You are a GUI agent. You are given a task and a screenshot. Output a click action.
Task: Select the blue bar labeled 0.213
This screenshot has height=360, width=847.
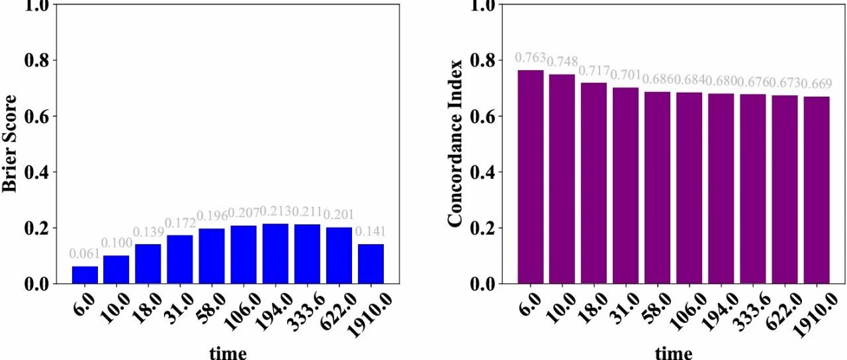pos(275,253)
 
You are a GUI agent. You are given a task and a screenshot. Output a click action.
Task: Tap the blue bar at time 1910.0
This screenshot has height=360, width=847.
pos(371,263)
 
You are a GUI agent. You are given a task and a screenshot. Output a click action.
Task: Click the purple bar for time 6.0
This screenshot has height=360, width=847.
pos(530,177)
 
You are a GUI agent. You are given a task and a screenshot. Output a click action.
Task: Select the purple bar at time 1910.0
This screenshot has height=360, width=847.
pos(817,190)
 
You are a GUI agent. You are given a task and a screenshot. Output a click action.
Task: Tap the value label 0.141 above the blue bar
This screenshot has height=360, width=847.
pos(371,232)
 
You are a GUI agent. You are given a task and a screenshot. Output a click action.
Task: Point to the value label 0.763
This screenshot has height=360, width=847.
pos(530,58)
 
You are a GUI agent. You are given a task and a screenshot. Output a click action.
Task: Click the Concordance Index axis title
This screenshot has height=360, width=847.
pos(455,144)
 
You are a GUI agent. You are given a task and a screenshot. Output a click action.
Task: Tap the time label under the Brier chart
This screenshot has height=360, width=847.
pos(228,352)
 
